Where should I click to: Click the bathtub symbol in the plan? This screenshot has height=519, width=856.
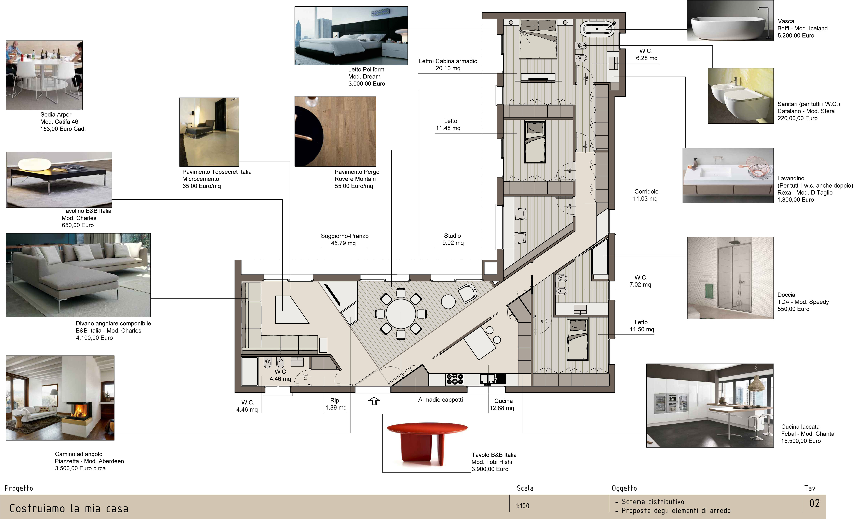coord(597,29)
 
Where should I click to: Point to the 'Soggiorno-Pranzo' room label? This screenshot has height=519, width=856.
coord(345,236)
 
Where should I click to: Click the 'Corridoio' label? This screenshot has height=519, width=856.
coord(646,191)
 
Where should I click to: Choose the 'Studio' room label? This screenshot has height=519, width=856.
coord(452,236)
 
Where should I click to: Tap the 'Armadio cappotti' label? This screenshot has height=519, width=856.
coord(440,400)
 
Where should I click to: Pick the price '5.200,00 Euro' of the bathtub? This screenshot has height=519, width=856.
coord(796,35)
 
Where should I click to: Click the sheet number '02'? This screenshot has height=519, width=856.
coord(815,503)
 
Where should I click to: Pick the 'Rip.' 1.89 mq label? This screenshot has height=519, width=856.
coord(336,404)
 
